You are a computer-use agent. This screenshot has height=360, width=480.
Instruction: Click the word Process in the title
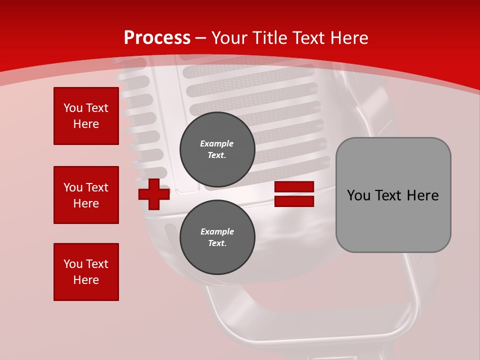point(157,38)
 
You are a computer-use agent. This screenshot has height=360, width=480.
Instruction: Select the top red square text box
point(86,116)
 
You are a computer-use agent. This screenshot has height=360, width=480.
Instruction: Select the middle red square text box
point(86,195)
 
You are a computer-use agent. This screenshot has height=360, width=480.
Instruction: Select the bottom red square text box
point(86,272)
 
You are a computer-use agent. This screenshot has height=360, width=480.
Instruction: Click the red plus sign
point(154,194)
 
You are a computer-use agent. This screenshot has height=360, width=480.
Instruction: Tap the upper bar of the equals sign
point(294,187)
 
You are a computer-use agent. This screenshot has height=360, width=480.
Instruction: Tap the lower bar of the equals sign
point(294,201)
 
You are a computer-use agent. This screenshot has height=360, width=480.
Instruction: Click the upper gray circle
point(217,149)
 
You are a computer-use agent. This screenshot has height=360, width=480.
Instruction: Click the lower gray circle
point(217,237)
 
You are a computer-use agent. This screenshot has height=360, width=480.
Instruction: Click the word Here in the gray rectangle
point(422,195)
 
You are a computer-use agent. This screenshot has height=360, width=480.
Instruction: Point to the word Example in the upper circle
point(216,143)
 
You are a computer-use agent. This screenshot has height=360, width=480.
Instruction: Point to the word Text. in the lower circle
point(217,243)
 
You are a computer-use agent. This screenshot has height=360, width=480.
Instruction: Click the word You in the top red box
point(73,108)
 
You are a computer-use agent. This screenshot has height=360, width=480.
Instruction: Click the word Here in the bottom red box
point(86,280)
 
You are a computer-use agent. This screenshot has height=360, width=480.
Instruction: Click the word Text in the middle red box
point(96,187)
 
